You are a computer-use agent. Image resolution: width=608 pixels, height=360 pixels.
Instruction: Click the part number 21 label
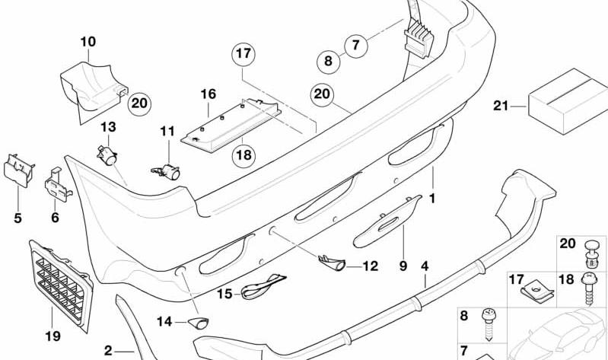point(501,106)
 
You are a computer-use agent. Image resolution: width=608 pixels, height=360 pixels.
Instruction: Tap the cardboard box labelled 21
point(568,102)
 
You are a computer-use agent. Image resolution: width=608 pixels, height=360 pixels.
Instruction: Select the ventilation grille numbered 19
point(62,285)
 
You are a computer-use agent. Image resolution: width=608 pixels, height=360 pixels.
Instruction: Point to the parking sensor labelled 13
point(107,155)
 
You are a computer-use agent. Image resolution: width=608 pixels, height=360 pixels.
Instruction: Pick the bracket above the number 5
point(18,170)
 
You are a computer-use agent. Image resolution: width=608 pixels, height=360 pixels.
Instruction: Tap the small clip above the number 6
point(58,185)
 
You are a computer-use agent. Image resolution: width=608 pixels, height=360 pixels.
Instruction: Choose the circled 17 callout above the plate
point(244,53)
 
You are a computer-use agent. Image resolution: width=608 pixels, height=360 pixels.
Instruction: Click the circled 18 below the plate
point(244,155)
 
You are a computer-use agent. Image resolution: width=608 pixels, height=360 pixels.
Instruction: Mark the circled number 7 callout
point(355,46)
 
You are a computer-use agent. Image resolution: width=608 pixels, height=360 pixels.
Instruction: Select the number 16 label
point(208,94)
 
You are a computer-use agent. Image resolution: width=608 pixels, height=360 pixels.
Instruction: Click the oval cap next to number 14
point(199,323)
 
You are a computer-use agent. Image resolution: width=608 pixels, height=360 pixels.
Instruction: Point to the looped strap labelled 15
point(263,286)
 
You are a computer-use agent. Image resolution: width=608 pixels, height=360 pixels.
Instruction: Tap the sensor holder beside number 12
point(332,263)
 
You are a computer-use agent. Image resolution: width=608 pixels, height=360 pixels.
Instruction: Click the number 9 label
point(403,266)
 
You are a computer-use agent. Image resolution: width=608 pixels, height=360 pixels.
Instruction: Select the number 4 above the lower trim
point(425,266)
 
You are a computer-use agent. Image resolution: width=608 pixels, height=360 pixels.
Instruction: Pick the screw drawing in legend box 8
point(488,325)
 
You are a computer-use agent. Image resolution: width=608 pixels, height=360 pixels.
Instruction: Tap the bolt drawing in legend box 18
point(589,288)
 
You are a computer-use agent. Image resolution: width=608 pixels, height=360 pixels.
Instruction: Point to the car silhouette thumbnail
point(557,334)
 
